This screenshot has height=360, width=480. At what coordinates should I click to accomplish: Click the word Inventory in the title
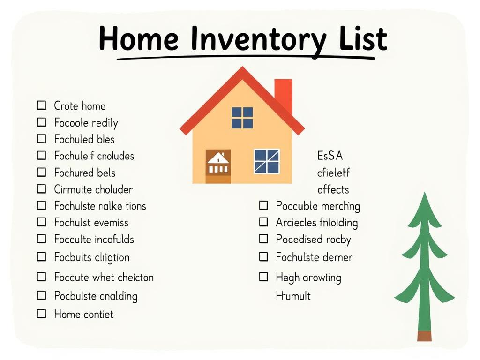[x=257, y=39]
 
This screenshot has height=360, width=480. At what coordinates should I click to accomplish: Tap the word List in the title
[x=362, y=39]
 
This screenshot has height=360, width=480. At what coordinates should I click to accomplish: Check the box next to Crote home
[x=42, y=105]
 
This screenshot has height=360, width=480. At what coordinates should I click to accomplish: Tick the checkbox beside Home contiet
[x=42, y=314]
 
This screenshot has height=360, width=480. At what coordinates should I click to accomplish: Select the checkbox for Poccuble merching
[x=264, y=205]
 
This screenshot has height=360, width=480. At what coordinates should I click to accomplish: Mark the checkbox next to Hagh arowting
[x=264, y=277]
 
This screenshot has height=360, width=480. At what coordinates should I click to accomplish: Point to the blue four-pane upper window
[x=242, y=118]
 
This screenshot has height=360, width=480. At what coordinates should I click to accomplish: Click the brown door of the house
[x=218, y=166]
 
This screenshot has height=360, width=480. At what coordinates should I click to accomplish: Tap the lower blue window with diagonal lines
[x=267, y=161]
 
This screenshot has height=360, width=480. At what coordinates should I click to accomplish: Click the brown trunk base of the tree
[x=424, y=336]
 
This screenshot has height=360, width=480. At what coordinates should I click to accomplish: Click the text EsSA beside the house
[x=330, y=156]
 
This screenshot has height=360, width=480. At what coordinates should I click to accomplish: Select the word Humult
[x=293, y=296]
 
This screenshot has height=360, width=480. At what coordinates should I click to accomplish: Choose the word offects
[x=333, y=189]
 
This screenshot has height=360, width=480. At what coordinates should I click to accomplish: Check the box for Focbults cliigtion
[x=42, y=257]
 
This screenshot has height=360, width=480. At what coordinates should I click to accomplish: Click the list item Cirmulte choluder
[x=93, y=189]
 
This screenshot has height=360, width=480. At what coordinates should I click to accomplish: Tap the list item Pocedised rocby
[x=313, y=239]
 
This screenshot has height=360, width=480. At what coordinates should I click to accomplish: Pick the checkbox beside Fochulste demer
[x=264, y=257]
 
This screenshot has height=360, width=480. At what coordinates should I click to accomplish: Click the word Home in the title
[x=139, y=39]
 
